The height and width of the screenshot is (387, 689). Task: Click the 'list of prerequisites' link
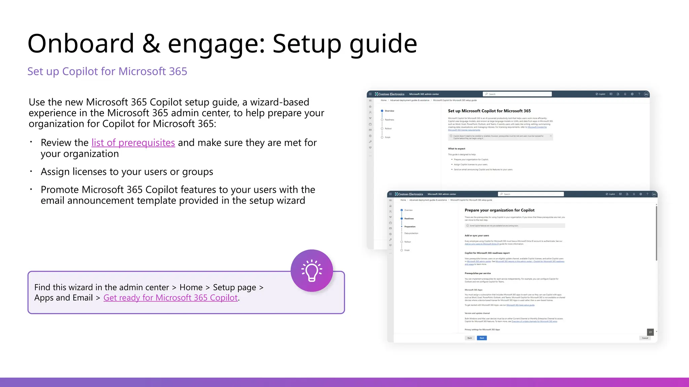point(133,143)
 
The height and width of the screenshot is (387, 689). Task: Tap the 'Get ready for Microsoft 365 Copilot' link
point(171,298)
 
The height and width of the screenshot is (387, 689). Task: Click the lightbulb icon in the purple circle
point(312,270)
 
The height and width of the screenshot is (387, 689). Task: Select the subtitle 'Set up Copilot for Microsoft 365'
point(107,71)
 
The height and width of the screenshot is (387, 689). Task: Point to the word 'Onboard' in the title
point(81,44)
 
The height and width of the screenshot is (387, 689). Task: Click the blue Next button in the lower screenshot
point(482,338)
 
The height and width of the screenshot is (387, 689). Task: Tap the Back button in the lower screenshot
point(470,338)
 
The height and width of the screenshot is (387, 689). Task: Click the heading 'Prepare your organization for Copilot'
point(499,210)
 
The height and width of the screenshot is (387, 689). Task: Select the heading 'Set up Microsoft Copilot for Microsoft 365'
point(489,111)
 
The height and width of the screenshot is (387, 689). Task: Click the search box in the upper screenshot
point(517,94)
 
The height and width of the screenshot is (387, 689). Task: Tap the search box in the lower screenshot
point(531,194)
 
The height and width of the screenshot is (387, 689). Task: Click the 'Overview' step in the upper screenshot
point(389,111)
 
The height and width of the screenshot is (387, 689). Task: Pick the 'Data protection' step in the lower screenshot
point(411,233)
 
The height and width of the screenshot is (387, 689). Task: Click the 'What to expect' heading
point(457,148)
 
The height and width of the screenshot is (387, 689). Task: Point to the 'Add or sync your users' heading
point(477,235)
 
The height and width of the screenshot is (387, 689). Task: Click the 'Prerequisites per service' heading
point(477,273)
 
